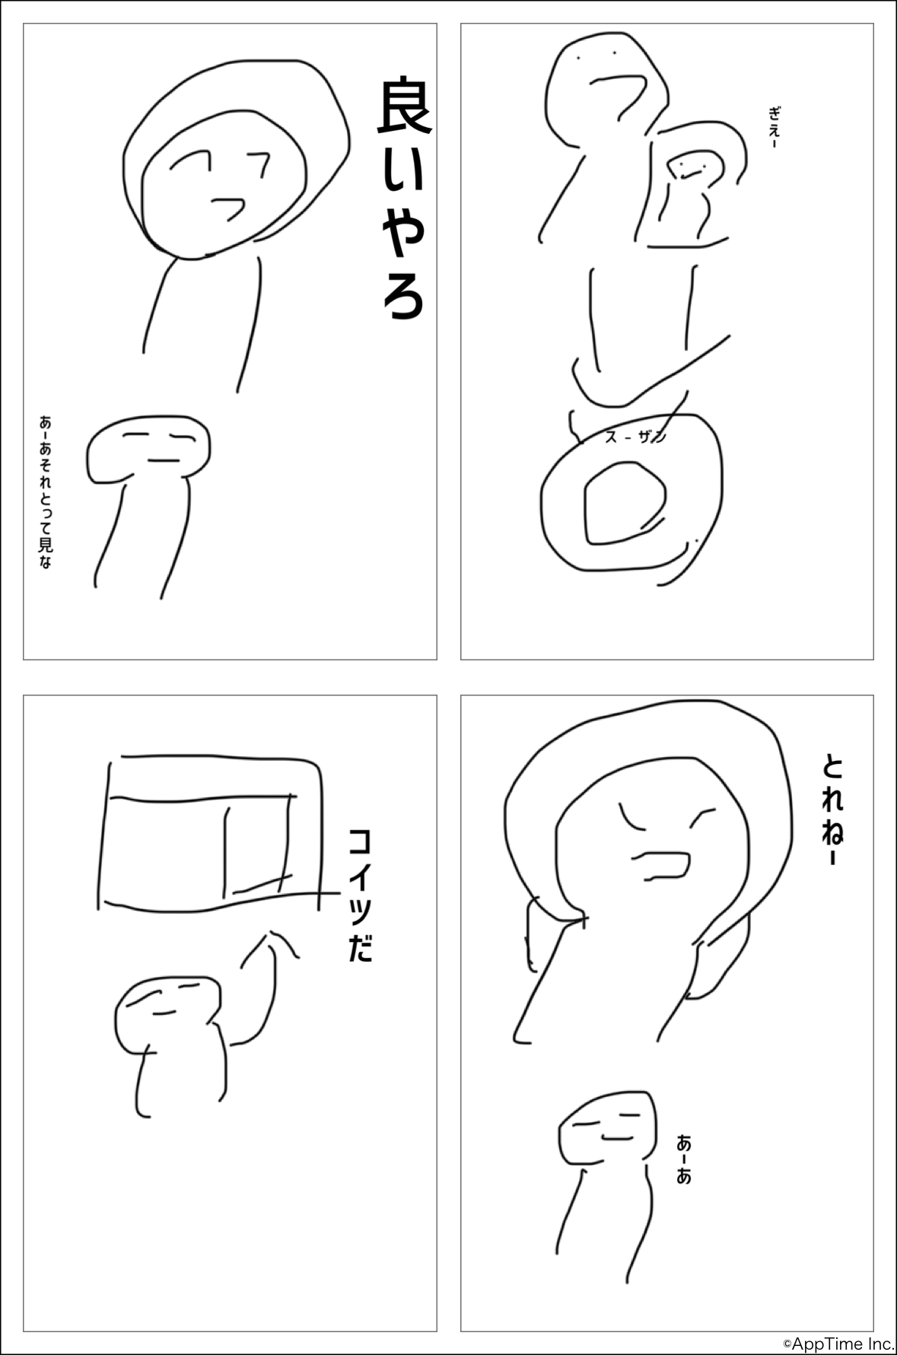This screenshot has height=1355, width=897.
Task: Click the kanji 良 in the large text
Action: (x=405, y=107)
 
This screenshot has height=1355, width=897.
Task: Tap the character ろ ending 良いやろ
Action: (x=403, y=294)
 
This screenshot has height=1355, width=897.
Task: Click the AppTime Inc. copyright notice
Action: (x=839, y=1345)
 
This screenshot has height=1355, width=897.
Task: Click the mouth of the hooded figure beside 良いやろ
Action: (x=227, y=207)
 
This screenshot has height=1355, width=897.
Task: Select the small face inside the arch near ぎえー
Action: (x=692, y=167)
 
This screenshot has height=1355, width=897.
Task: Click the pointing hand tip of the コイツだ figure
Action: (x=269, y=933)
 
